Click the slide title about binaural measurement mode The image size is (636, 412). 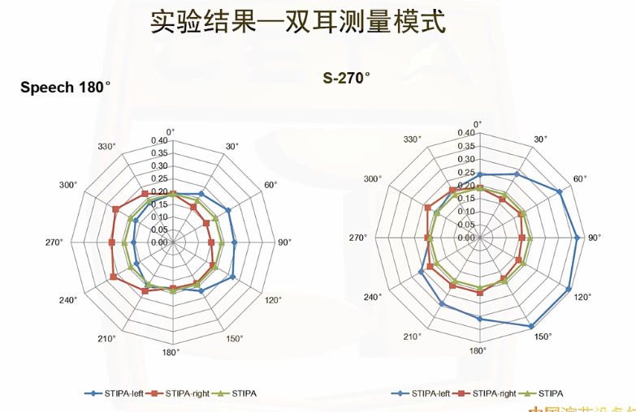(297, 23)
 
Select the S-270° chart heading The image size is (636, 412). (346, 79)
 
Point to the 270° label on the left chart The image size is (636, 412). (54, 242)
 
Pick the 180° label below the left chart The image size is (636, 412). (171, 352)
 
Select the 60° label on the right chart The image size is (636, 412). (580, 179)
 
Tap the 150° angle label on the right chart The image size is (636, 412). (543, 336)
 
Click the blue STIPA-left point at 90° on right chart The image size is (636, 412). (577, 238)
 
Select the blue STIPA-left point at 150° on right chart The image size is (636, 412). (531, 326)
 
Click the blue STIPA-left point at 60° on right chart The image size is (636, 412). (560, 191)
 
